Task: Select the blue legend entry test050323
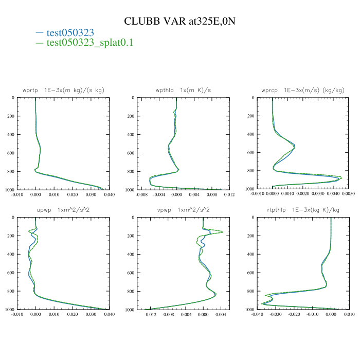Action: tap(70, 32)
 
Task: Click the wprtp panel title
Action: tap(63, 90)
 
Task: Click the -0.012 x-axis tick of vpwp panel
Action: tap(151, 315)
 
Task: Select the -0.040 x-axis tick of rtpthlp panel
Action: tap(257, 315)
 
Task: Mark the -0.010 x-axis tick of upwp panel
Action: tap(17, 315)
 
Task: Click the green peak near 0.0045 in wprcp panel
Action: tap(341, 177)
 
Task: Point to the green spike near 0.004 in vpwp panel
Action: tap(223, 232)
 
